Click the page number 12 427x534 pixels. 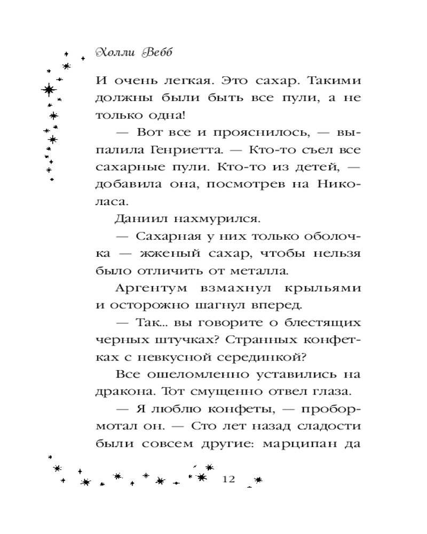(x=228, y=478)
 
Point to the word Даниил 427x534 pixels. (x=136, y=219)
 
